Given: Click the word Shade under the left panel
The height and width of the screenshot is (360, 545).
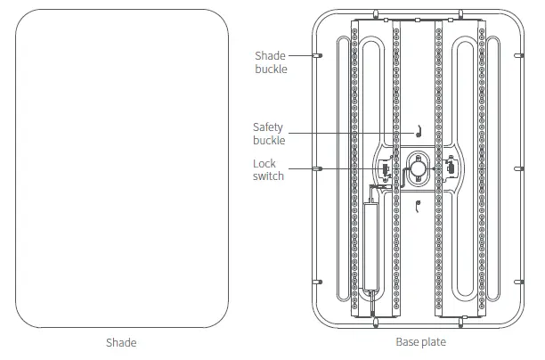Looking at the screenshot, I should (x=121, y=342).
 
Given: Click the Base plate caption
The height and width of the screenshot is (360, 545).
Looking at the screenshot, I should (x=420, y=341).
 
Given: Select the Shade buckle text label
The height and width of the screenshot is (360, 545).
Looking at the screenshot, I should (x=270, y=61).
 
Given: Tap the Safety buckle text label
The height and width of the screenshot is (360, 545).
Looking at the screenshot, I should (x=269, y=134).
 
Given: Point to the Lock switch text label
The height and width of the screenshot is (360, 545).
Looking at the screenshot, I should (x=268, y=169).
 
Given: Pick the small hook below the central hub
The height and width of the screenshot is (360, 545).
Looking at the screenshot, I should (x=416, y=206).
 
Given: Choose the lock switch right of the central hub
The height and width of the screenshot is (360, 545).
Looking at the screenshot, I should (x=450, y=167).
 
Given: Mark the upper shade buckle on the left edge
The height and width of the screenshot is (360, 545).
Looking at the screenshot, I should (x=317, y=55).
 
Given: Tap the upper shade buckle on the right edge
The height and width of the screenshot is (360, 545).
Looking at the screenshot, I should (x=519, y=55).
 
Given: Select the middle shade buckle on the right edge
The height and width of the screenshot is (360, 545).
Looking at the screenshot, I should (x=519, y=168).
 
